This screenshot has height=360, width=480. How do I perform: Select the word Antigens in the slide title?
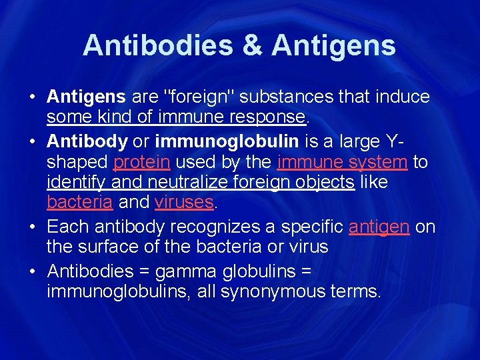pyautogui.click(x=334, y=45)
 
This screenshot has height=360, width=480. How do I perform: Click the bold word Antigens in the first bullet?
pyautogui.click(x=86, y=97)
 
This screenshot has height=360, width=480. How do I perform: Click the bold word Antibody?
pyautogui.click(x=87, y=143)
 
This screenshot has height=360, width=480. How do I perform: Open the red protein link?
pyautogui.click(x=141, y=163)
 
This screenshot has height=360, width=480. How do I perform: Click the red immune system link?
pyautogui.click(x=342, y=163)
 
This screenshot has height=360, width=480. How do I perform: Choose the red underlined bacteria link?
pyautogui.click(x=80, y=201)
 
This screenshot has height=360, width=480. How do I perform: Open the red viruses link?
pyautogui.click(x=184, y=201)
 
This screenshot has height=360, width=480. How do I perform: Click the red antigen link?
pyautogui.click(x=379, y=227)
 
